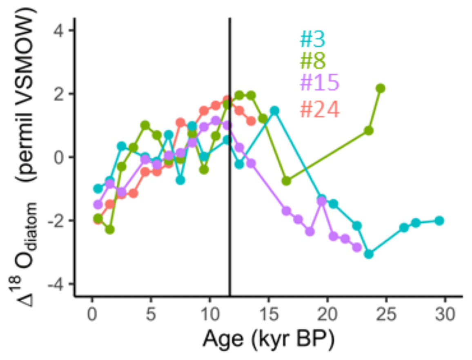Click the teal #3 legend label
pyautogui.click(x=312, y=40)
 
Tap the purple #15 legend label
pyautogui.click(x=319, y=83)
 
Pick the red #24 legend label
pyautogui.click(x=319, y=109)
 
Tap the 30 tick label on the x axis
pyautogui.click(x=445, y=316)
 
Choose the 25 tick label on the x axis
pyautogui.click(x=386, y=316)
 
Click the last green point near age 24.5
pyautogui.click(x=381, y=88)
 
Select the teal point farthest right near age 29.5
pyautogui.click(x=439, y=221)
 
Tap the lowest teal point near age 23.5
pyautogui.click(x=369, y=254)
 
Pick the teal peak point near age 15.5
pyautogui.click(x=274, y=111)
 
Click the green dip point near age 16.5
pyautogui.click(x=286, y=181)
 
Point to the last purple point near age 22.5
pyautogui.click(x=357, y=247)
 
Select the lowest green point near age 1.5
pyautogui.click(x=110, y=230)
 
